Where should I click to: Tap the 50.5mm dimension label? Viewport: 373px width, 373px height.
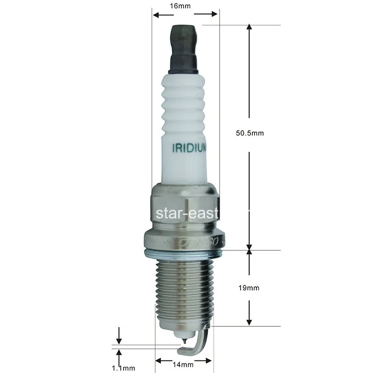coord(250,133)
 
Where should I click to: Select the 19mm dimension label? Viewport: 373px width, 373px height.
coord(250,288)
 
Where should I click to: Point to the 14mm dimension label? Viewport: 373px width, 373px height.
coord(183,364)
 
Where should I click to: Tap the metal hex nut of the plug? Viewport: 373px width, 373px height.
coord(185,205)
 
